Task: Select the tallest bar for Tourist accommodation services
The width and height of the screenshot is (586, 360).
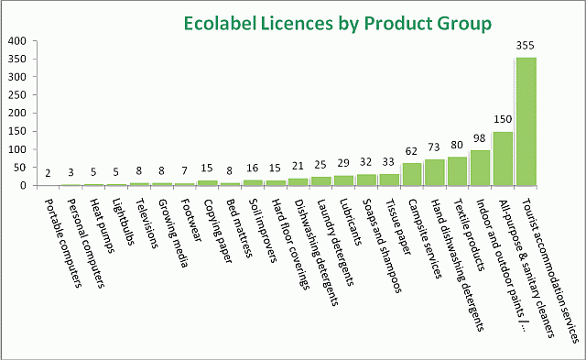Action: [526, 122]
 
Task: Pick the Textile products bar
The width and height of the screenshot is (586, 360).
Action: [456, 171]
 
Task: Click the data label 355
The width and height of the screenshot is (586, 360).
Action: [526, 48]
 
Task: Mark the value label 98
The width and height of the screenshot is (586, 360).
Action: [479, 140]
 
